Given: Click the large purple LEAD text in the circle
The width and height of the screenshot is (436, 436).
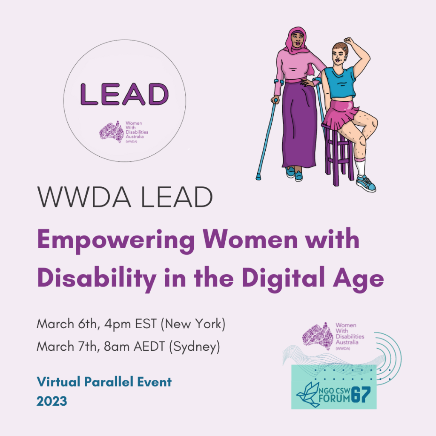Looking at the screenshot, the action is [x=125, y=94].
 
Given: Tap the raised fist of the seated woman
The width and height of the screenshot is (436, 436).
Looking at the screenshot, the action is [x=349, y=40].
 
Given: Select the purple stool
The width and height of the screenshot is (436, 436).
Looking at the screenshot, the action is [x=338, y=154].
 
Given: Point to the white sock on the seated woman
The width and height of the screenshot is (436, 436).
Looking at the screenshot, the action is [x=360, y=166].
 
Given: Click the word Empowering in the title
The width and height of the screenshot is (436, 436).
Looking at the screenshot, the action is [x=116, y=240].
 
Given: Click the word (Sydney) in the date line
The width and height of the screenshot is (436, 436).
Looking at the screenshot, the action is [x=195, y=347].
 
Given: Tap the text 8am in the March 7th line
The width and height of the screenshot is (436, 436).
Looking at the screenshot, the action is [x=117, y=347].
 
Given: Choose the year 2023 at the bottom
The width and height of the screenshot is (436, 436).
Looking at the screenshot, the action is [x=52, y=401].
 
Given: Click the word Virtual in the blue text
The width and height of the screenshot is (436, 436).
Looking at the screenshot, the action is [x=59, y=382].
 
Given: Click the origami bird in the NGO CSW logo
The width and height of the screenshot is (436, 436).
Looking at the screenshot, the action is [x=307, y=395].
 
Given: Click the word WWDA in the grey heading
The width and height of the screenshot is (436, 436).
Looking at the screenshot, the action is [x=84, y=197].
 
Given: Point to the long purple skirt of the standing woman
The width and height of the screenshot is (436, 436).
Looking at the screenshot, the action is [x=299, y=125].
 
